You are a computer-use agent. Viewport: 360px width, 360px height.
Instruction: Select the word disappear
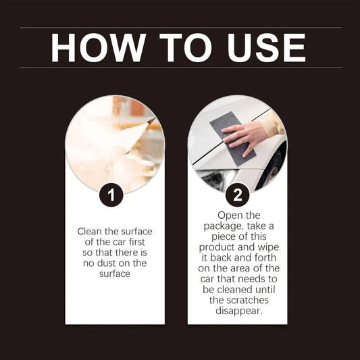pos(237,312)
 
